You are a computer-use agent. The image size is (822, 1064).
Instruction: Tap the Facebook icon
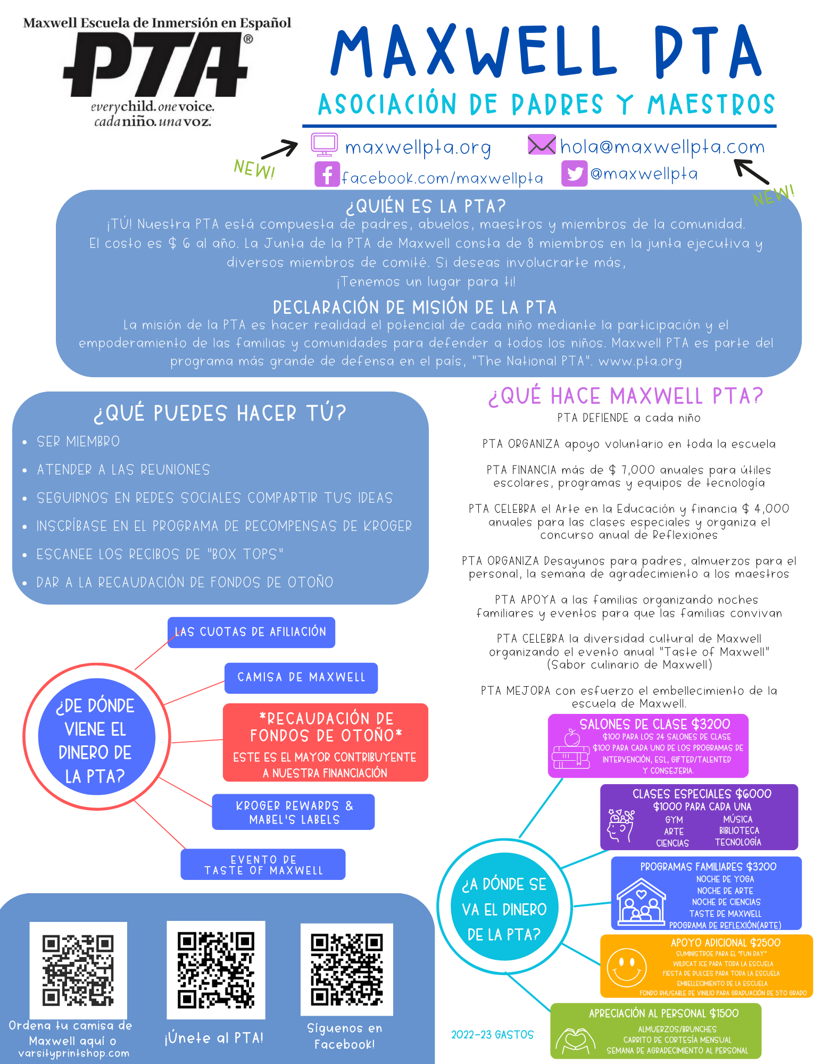[x=327, y=174]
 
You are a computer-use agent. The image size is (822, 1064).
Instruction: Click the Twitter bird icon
[x=575, y=173]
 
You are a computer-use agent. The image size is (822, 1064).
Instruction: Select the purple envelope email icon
[x=542, y=145]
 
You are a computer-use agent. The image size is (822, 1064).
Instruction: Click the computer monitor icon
[x=325, y=145]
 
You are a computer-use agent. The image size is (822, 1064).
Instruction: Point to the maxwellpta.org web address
[x=418, y=147]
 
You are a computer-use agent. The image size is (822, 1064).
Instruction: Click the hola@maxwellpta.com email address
[x=662, y=146]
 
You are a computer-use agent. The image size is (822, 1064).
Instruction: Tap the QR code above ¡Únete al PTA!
[x=215, y=970]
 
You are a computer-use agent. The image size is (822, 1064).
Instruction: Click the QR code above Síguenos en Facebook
[x=347, y=970]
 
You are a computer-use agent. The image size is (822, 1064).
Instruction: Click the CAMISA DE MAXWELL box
[x=301, y=678]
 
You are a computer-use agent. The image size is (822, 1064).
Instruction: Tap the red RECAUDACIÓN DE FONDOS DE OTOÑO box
[x=326, y=743]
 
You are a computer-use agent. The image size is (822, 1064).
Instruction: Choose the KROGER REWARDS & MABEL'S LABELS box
[x=294, y=812]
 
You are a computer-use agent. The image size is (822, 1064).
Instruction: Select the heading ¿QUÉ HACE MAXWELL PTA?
[x=626, y=396]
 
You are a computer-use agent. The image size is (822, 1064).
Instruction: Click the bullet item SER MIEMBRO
[x=78, y=442]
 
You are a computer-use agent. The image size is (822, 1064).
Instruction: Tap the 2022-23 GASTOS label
[x=492, y=1035]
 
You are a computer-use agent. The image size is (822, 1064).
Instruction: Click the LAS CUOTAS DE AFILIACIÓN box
[x=251, y=632]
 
